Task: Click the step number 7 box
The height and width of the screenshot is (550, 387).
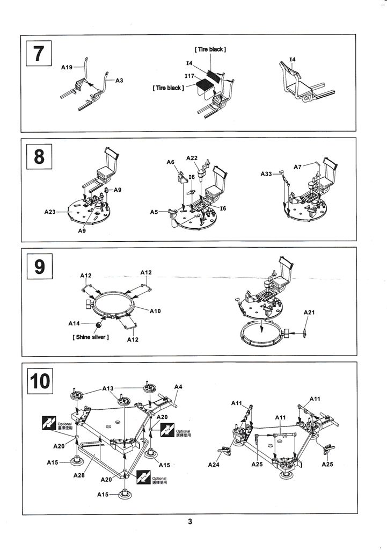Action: pos(39,54)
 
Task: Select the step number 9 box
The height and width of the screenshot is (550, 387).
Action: pos(39,267)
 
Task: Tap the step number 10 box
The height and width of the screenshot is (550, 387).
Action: pos(39,381)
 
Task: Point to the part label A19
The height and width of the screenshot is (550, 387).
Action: pos(67,68)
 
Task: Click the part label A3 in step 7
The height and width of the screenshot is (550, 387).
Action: pos(119,81)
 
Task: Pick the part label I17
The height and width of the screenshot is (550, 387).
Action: pos(189,77)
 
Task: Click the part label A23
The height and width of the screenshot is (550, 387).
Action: pos(50,212)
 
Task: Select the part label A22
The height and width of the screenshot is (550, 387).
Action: pos(192,158)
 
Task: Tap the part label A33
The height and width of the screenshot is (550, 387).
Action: pos(267,174)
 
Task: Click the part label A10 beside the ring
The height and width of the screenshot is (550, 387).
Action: pos(155,311)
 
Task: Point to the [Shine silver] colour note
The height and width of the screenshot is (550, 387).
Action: pos(89,337)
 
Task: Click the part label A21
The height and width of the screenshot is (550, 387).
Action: pos(309,312)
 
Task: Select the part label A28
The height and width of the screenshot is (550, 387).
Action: pos(79,475)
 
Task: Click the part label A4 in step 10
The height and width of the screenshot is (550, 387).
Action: pos(178,387)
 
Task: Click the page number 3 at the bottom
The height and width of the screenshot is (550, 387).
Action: pos(190,522)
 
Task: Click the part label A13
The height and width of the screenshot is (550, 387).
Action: pos(108,388)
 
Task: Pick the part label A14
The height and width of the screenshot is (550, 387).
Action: pos(74,323)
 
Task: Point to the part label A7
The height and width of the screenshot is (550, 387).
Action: pos(297,167)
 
